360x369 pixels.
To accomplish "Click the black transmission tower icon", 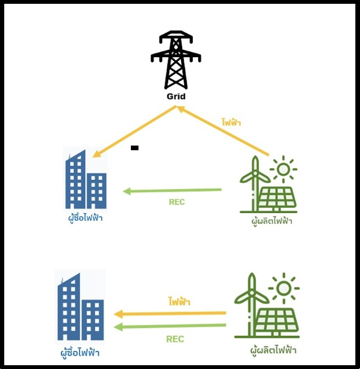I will click(176, 59).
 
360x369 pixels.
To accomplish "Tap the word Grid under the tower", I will click(176, 96).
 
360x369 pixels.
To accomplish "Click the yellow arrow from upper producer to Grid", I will click(223, 131).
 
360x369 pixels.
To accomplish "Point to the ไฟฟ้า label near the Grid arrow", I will click(231, 123).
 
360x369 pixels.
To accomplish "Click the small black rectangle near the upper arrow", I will click(135, 148).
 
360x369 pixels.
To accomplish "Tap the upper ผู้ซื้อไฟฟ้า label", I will click(85, 219).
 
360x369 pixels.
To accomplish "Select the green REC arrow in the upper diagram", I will click(172, 191).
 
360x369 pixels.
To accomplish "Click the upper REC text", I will click(177, 202).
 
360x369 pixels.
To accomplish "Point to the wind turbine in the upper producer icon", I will click(255, 182).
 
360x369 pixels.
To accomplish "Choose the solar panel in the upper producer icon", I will click(277, 199).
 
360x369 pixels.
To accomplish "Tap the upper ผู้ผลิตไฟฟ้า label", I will click(271, 220).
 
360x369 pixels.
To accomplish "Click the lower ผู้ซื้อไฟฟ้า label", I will click(80, 352).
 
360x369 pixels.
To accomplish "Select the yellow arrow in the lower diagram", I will click(170, 314).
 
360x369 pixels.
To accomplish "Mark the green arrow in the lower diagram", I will click(170, 326).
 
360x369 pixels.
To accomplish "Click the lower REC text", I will click(175, 339).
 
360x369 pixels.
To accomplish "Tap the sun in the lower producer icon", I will click(284, 289).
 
